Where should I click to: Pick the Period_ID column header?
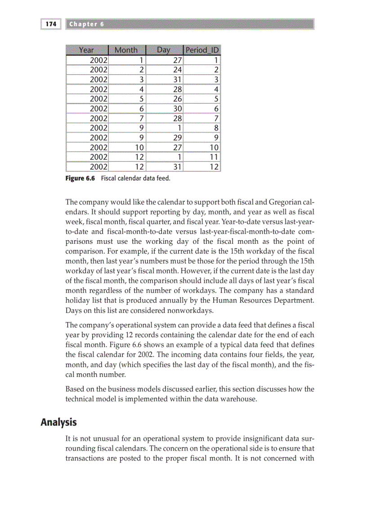coord(203,50)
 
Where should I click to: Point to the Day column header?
coord(164,50)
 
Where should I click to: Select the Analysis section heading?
coord(58,423)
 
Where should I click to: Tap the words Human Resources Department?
coord(268,299)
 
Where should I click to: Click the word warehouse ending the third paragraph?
coord(238,399)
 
